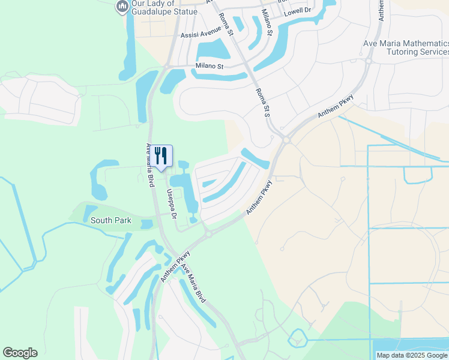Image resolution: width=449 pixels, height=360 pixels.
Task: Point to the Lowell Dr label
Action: pyautogui.click(x=298, y=10)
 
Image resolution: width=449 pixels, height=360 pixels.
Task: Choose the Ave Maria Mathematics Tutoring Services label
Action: pyautogui.click(x=406, y=48)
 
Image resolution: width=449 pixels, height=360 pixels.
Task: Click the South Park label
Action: pyautogui.click(x=110, y=220)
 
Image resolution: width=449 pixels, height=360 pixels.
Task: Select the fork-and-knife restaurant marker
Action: pyautogui.click(x=160, y=156)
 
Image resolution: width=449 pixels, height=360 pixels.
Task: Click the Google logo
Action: pyautogui.click(x=20, y=353)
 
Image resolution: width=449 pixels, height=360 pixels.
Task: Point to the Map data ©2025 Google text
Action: pyautogui.click(x=412, y=355)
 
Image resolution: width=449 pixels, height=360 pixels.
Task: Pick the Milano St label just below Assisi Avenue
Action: pyautogui.click(x=209, y=66)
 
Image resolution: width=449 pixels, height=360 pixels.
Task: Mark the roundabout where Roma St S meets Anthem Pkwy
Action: pyautogui.click(x=286, y=140)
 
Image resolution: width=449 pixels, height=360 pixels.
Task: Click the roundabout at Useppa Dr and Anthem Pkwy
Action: pyautogui.click(x=208, y=234)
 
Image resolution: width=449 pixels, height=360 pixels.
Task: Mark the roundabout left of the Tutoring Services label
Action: pyautogui.click(x=368, y=60)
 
